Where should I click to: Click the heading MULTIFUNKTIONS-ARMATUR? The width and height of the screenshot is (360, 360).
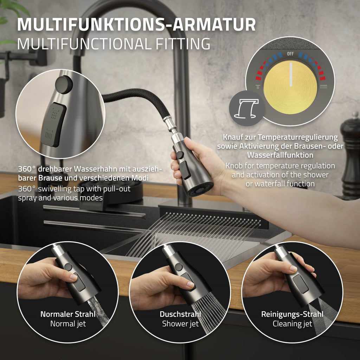point(136,24)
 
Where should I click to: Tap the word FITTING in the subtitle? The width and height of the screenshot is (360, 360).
point(183,44)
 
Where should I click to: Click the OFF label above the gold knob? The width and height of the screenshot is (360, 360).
point(290,54)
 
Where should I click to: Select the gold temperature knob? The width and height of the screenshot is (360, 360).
point(290,87)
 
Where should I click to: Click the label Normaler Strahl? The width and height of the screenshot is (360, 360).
point(68,314)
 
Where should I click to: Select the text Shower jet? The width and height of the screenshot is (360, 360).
point(180,324)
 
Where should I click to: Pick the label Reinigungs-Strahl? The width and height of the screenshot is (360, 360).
point(292,314)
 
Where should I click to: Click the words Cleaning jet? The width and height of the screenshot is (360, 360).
point(292,324)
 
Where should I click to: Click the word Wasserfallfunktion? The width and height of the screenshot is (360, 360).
point(280,155)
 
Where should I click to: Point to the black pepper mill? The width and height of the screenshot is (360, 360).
point(350,156)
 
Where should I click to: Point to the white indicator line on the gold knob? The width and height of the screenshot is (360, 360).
point(291,75)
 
